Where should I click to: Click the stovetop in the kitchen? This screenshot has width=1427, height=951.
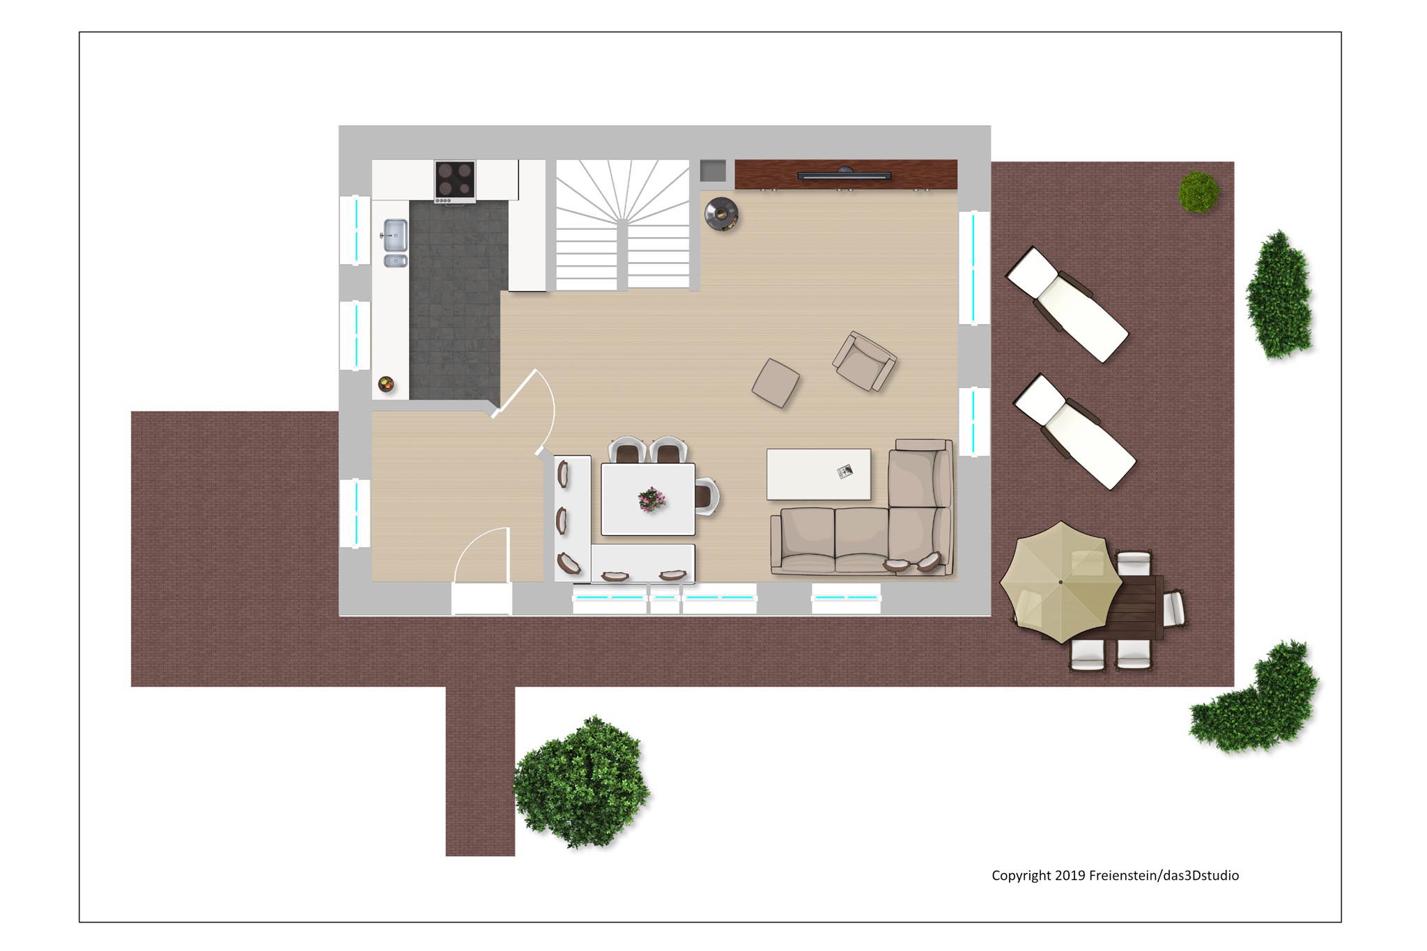455,180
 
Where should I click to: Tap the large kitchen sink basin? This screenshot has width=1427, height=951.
396,234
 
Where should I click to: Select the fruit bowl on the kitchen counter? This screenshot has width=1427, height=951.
386,383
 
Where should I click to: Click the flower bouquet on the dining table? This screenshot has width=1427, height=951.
651,499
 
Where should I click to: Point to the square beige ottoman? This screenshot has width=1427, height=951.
776,382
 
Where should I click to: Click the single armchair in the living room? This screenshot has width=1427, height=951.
864,361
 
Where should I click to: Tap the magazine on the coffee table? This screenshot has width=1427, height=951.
844,472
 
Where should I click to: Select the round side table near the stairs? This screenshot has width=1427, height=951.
721,214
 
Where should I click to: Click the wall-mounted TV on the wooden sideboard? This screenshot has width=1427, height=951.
844,175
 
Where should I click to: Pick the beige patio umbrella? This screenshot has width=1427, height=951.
1060,582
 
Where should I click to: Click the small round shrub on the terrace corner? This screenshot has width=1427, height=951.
1198,192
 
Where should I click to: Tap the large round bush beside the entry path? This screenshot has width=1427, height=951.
581,782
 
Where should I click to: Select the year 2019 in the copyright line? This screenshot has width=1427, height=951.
1070,875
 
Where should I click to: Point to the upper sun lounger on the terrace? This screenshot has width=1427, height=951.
1067,304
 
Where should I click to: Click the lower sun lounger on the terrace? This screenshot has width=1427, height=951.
1074,432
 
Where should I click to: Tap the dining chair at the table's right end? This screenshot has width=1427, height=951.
707,496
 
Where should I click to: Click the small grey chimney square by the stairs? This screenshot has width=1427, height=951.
713,171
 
